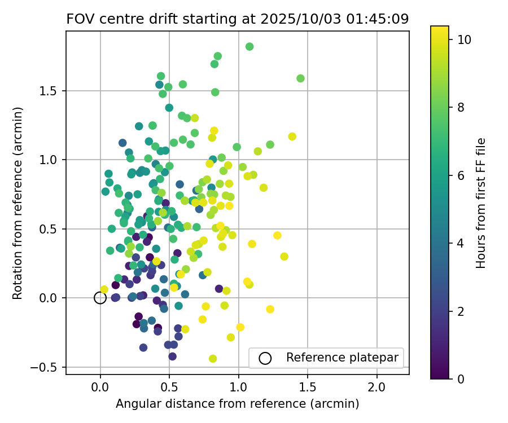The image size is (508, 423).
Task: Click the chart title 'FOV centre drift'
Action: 237,19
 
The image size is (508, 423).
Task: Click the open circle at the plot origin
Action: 100,298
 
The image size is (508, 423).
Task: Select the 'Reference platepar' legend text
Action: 342,358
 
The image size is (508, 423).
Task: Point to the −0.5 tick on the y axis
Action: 49,367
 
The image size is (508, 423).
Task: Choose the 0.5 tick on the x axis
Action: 169,388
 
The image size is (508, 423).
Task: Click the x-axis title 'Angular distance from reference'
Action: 237,404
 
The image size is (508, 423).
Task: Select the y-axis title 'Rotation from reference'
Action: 17,202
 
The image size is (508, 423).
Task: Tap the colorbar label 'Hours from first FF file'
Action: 481,202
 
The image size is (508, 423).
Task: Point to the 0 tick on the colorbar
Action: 461,378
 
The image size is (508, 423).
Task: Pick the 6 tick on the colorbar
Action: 461,175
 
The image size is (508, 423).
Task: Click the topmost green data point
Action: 249,47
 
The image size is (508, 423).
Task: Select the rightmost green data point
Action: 300,78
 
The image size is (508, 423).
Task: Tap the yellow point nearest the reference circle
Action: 104,289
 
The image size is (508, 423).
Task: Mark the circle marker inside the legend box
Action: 265,358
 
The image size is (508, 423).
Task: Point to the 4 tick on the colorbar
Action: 461,243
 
